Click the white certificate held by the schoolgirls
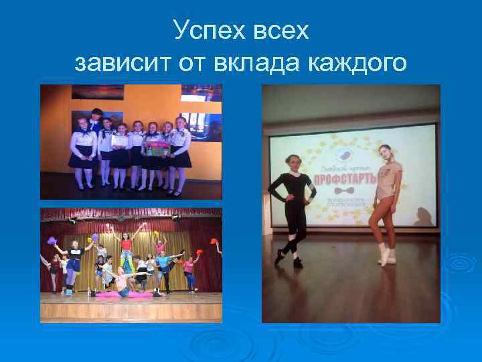coord(120,141)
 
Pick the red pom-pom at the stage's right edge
coord(216,242)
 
